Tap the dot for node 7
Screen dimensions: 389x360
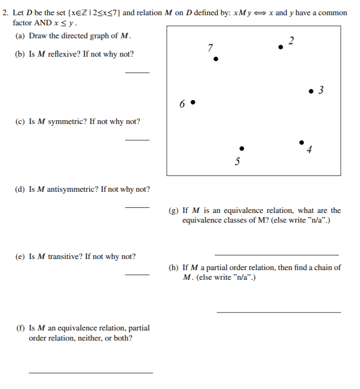click(215, 59)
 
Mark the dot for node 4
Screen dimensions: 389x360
click(301, 142)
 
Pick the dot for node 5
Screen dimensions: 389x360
click(242, 148)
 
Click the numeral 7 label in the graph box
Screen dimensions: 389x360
click(210, 47)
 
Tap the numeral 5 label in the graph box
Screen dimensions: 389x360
click(237, 162)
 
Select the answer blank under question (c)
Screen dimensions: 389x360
click(137, 140)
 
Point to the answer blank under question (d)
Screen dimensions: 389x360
click(137, 207)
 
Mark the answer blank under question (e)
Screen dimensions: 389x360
click(137, 275)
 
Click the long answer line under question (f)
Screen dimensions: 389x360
click(90, 372)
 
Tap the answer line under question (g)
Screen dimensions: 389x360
click(277, 255)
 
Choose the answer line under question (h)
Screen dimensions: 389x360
click(278, 312)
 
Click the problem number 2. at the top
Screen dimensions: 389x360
click(6, 12)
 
